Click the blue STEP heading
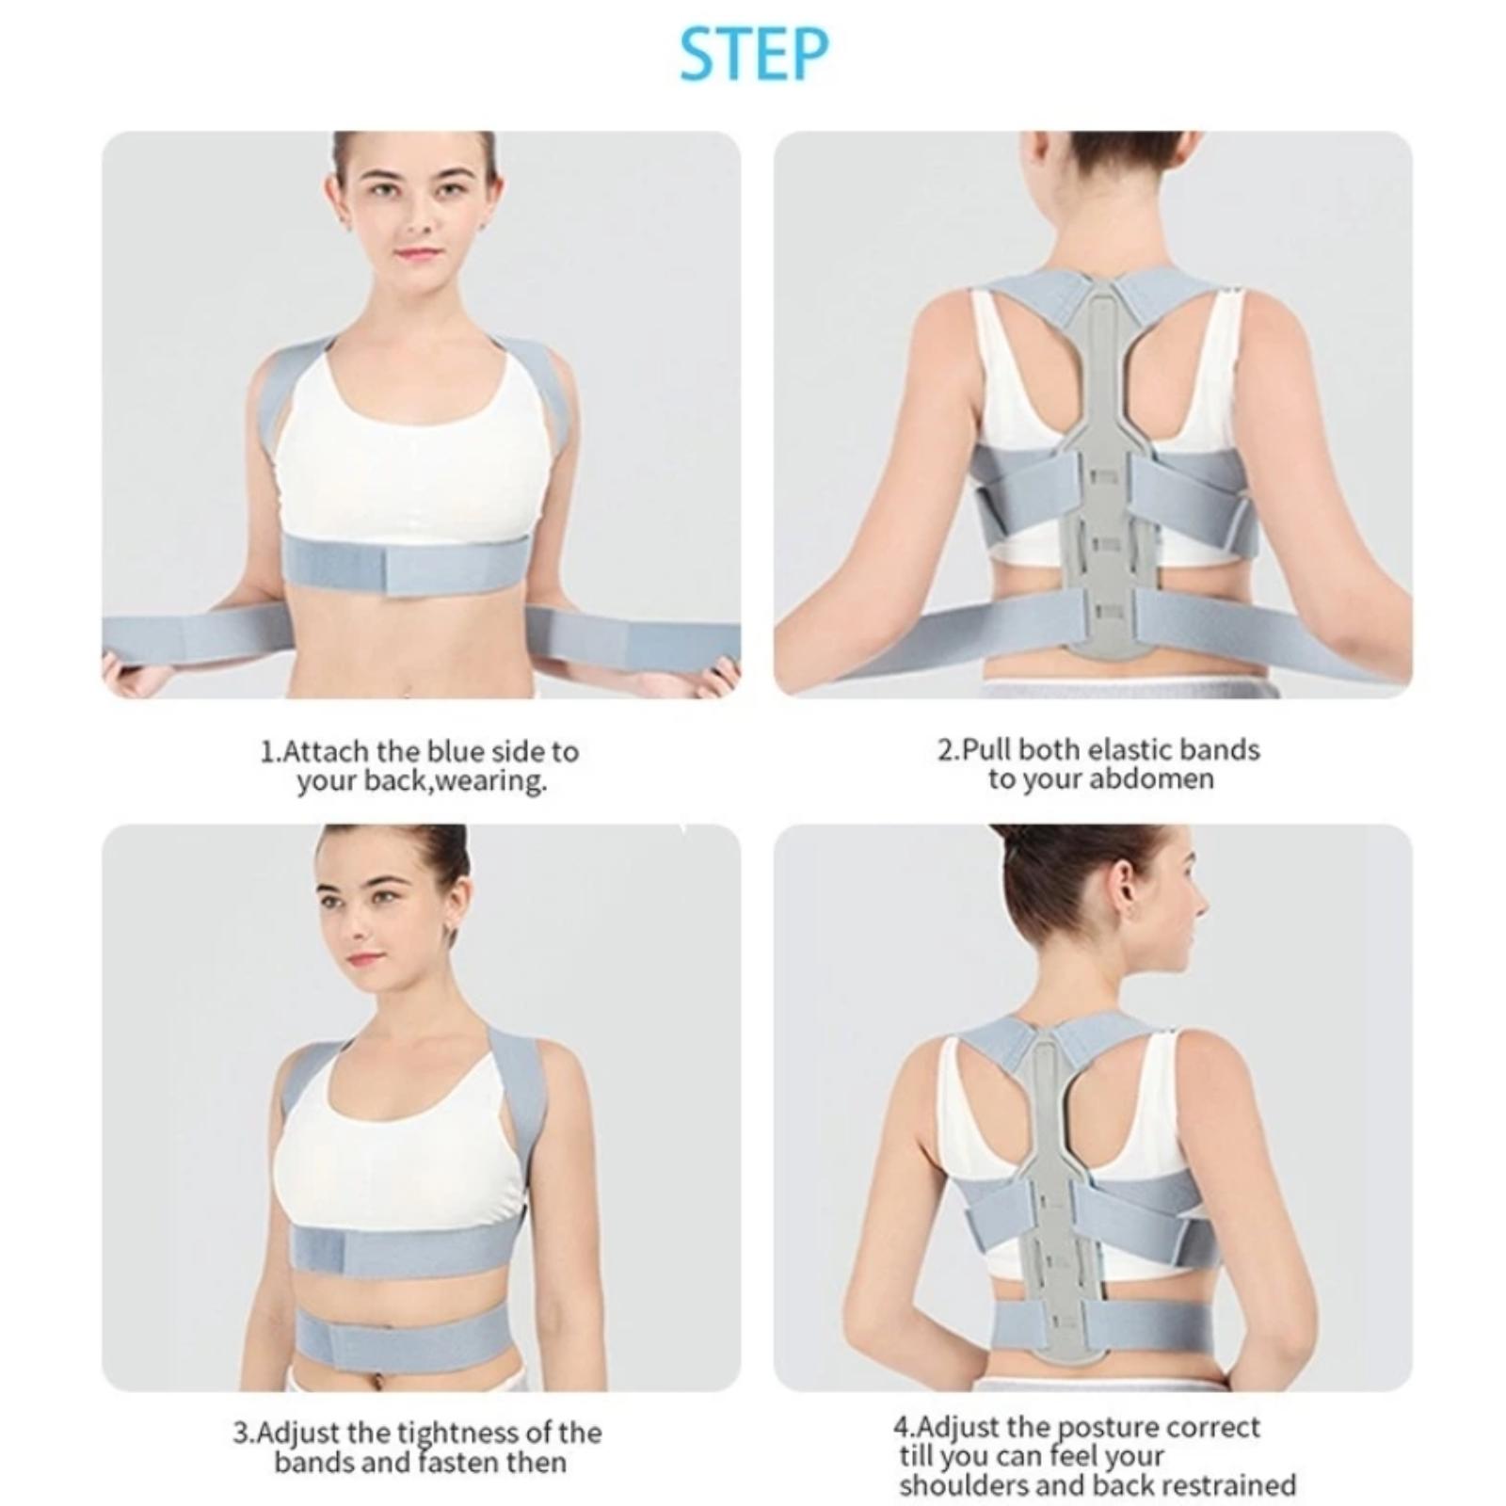(753, 54)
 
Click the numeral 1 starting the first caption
(267, 752)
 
